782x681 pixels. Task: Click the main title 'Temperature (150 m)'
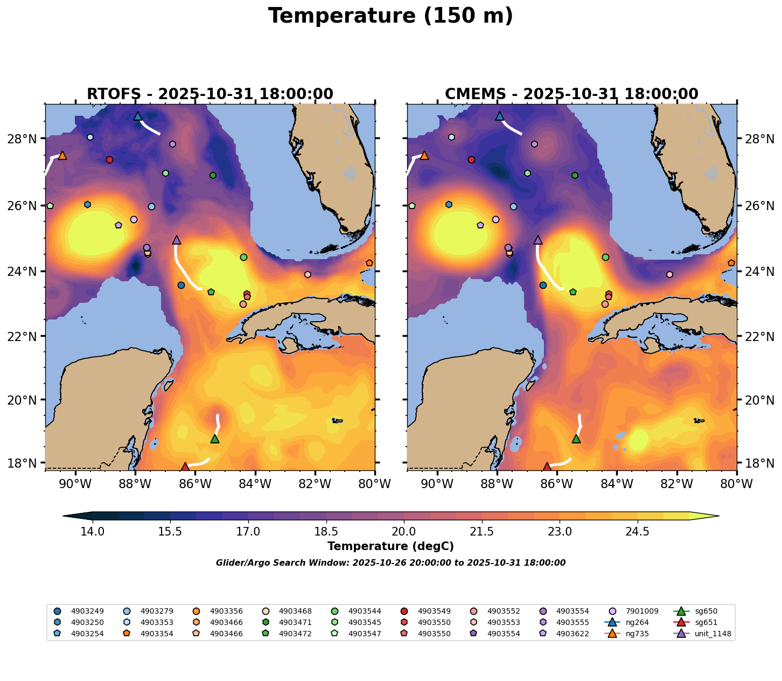click(x=390, y=16)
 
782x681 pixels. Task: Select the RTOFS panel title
click(x=210, y=94)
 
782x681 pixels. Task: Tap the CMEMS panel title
click(x=571, y=94)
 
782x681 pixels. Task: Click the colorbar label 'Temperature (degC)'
click(x=390, y=546)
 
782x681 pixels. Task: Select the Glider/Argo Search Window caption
click(x=390, y=563)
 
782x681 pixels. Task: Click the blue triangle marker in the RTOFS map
click(x=138, y=116)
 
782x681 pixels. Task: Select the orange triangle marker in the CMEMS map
click(x=424, y=155)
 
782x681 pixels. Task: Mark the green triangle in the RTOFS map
click(x=215, y=439)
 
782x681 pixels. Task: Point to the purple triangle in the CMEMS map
click(x=538, y=240)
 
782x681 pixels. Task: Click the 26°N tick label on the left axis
click(x=26, y=206)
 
